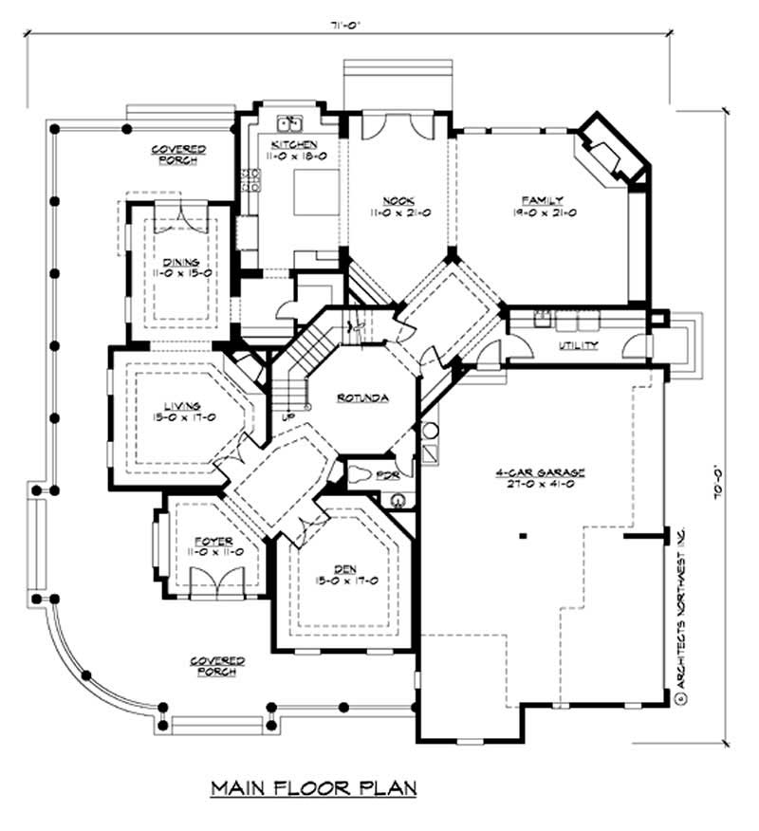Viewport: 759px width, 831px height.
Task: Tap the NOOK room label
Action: [x=397, y=200]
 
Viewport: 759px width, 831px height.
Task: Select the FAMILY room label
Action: [x=542, y=200]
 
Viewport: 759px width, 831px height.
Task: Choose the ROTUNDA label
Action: [x=362, y=397]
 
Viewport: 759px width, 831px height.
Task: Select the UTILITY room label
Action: [x=578, y=345]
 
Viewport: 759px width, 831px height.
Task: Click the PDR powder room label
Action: [x=387, y=473]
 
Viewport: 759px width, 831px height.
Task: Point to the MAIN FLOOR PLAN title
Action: [x=313, y=787]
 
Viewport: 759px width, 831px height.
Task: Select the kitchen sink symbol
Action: [x=290, y=123]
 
